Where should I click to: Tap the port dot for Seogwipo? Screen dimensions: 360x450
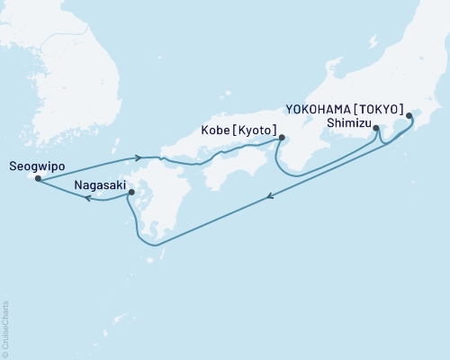pyautogui.click(x=37, y=178)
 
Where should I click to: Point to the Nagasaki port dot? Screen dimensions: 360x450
pyautogui.click(x=130, y=192)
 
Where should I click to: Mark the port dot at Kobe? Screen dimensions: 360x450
pyautogui.click(x=282, y=138)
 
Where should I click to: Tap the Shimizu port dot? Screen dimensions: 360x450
pyautogui.click(x=375, y=129)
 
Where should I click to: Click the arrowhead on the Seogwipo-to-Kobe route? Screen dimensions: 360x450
pyautogui.click(x=138, y=157)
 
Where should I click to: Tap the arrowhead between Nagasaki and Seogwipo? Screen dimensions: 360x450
pyautogui.click(x=87, y=200)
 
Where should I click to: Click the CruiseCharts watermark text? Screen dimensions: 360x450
pyautogui.click(x=5, y=328)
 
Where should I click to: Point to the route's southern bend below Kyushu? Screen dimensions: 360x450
pyautogui.click(x=154, y=244)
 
